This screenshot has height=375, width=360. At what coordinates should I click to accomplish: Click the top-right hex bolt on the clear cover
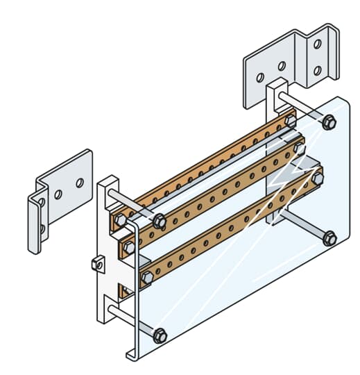(329, 123)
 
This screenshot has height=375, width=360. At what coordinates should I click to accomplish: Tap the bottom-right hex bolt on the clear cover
(329, 238)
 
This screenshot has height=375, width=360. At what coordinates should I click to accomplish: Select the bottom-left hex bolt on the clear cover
(160, 335)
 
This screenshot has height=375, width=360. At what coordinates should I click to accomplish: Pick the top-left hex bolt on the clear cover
(159, 222)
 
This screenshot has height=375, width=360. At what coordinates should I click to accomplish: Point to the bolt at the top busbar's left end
(120, 221)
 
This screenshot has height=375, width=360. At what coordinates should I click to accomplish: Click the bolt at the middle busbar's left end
(129, 247)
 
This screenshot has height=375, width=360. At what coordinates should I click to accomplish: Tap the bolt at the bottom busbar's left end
(147, 278)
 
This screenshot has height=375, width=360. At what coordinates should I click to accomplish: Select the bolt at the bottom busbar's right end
(318, 178)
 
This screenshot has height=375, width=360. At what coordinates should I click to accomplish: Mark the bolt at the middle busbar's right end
(299, 147)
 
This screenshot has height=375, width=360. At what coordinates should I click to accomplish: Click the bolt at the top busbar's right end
(290, 120)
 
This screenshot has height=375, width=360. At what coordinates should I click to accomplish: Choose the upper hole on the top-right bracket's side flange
(318, 44)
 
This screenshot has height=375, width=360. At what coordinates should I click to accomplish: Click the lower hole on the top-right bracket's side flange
(318, 70)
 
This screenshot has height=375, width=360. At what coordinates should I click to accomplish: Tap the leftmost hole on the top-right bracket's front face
(258, 76)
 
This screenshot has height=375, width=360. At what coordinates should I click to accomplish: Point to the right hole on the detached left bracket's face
(80, 183)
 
